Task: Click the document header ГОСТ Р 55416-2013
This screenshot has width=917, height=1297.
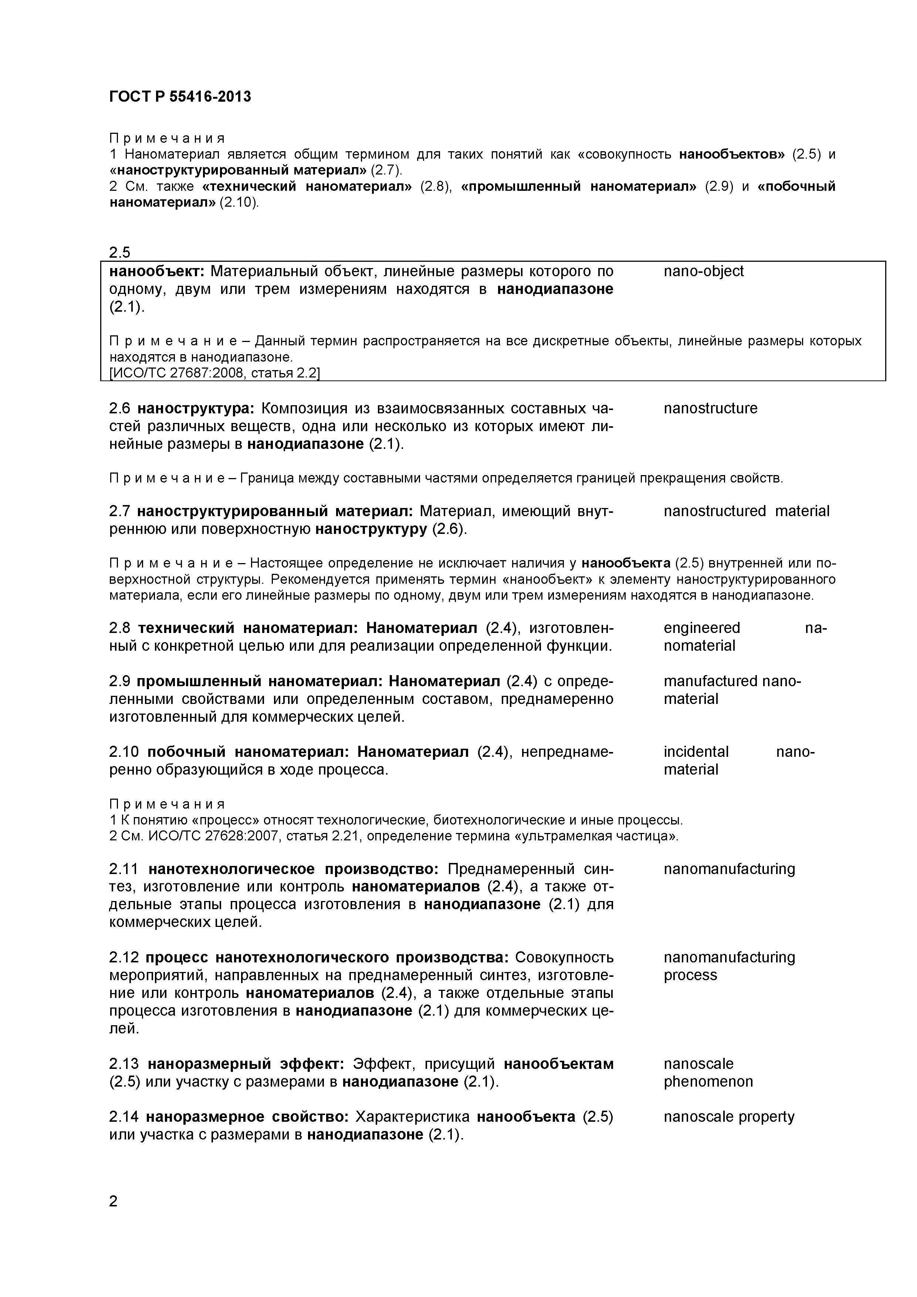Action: coord(180,96)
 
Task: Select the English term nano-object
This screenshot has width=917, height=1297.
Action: coord(703,272)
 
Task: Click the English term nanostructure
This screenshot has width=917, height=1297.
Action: coord(710,409)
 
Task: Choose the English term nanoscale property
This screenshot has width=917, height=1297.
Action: coord(729,1117)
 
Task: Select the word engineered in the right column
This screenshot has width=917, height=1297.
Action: coord(702,628)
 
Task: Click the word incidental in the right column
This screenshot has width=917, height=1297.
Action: coord(696,752)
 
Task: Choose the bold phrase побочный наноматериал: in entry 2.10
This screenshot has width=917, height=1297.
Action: coord(252,752)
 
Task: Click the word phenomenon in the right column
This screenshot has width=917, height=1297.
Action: coord(708,1082)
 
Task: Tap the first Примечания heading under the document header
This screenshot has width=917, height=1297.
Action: coord(167,138)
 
